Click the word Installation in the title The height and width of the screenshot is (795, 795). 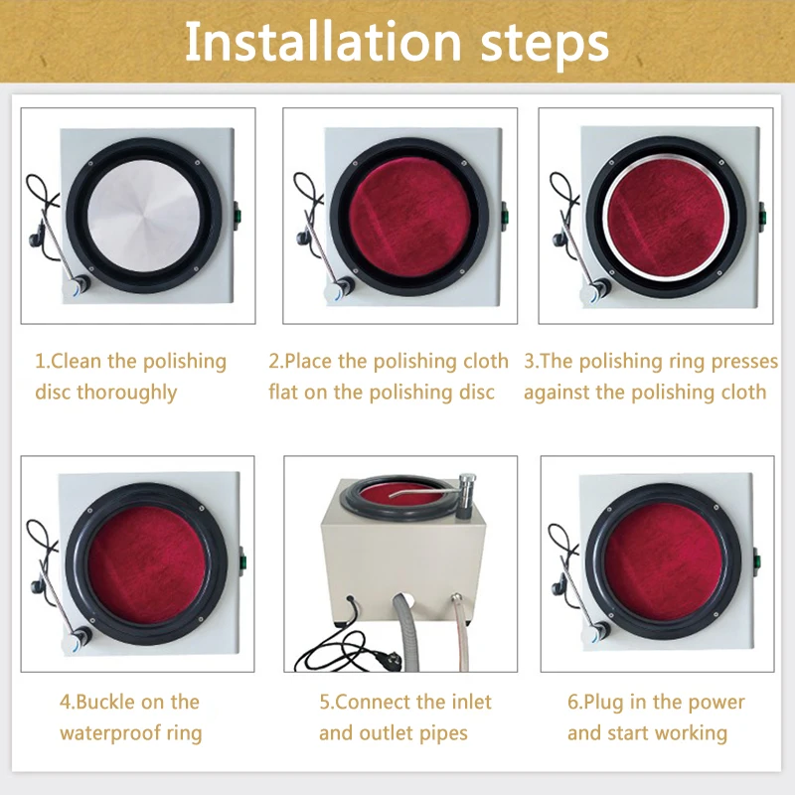(x=323, y=41)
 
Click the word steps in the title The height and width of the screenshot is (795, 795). (x=545, y=45)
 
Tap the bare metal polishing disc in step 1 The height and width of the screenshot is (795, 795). (x=144, y=217)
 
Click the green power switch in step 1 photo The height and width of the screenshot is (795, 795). (x=237, y=215)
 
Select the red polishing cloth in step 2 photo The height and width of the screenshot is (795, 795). (x=410, y=218)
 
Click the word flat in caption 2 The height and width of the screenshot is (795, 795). (x=283, y=392)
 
